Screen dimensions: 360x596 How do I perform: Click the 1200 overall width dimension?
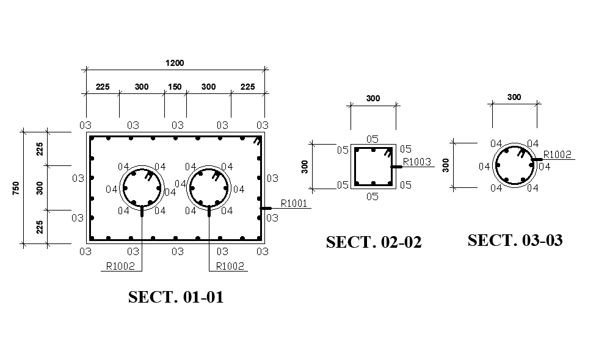(175, 63)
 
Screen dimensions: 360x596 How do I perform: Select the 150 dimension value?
(175, 87)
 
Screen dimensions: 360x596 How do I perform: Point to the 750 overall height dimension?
(16, 188)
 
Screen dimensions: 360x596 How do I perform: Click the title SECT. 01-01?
(176, 297)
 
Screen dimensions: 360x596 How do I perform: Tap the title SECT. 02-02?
(374, 242)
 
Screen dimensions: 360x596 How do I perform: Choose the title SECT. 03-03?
(515, 240)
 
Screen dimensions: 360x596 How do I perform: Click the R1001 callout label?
(294, 203)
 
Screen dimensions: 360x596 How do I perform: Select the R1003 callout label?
(417, 162)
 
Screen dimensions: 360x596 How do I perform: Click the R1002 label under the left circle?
(120, 266)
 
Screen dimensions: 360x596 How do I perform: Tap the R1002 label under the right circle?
(230, 266)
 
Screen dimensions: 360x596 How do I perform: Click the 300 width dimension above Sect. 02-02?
(372, 98)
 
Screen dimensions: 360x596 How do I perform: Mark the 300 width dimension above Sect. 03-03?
(514, 97)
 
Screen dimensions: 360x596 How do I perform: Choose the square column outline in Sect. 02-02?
(372, 167)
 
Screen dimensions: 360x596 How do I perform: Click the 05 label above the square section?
(372, 139)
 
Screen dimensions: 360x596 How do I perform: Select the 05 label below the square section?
(372, 196)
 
